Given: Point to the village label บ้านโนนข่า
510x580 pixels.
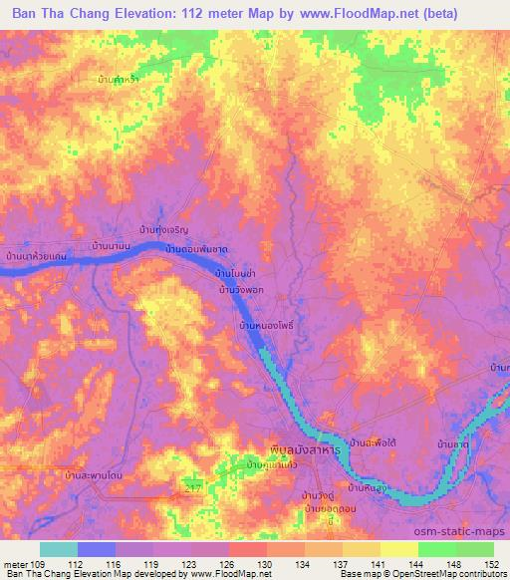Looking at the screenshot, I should pos(238,271).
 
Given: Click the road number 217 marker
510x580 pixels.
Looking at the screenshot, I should pos(193,484).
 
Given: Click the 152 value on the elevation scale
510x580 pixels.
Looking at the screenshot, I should pos(492,563).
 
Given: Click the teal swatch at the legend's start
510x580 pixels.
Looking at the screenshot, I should pos(59,549).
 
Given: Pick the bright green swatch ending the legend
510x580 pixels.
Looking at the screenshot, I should pos(474,549).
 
